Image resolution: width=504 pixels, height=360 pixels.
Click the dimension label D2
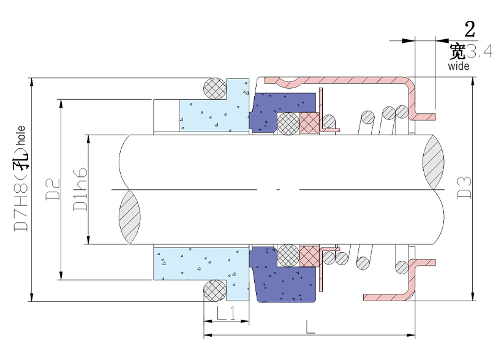point(53,189)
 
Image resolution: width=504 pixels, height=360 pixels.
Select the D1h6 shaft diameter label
point(80,189)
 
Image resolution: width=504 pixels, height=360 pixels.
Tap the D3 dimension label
point(464,188)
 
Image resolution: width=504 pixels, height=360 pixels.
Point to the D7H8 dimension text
point(21,206)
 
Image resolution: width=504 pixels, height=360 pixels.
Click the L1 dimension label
point(227,313)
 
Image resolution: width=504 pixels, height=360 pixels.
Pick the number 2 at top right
point(470,29)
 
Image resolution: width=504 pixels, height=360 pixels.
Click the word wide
point(459,66)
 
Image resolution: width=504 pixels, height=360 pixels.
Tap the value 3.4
point(480,51)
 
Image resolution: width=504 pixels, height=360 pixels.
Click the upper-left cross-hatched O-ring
point(215,88)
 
